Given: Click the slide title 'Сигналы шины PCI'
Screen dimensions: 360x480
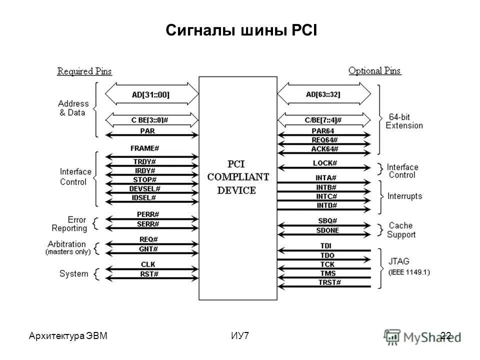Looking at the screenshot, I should [240, 31].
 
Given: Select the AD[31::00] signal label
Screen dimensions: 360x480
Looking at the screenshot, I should [151, 93].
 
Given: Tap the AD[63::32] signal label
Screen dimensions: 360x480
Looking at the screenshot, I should [323, 93].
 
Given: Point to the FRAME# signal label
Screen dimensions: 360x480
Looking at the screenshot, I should [144, 148].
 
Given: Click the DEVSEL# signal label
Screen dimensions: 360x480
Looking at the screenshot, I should [144, 188].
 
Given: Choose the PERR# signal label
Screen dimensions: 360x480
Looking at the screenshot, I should [148, 214].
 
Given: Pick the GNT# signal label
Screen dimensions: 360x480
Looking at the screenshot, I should [148, 248].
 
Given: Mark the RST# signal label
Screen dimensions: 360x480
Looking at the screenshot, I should [149, 274].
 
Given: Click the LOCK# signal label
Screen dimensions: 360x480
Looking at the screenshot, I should [325, 163].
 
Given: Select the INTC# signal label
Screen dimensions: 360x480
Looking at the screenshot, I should [326, 196].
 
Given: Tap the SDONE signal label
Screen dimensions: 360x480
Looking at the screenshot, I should [327, 230].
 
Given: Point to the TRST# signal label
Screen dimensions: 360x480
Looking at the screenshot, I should [330, 282].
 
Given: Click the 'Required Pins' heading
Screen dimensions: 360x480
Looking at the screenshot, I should [84, 71].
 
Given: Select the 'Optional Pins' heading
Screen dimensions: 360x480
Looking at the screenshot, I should [374, 71].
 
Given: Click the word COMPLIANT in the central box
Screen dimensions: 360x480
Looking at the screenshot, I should [238, 177].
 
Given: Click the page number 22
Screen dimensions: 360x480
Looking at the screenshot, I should [446, 335].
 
